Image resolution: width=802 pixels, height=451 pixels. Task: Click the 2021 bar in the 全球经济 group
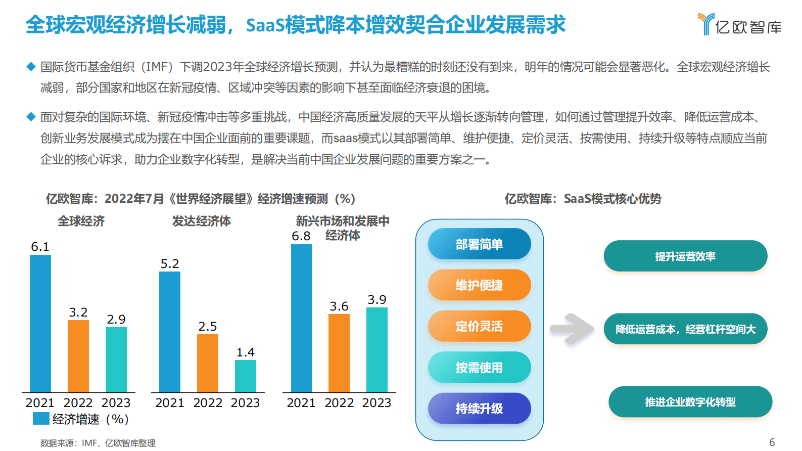pos(40,324)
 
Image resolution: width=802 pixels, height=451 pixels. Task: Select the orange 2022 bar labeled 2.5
pos(208,363)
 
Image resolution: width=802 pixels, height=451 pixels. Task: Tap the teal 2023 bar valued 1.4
pos(246,376)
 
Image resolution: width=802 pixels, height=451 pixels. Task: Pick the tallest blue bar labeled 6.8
pos(301,319)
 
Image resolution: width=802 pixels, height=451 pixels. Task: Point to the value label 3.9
pos(377,300)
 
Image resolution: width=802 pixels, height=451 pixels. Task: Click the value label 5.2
pos(170,264)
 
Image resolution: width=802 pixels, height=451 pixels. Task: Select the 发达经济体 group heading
pos(201,221)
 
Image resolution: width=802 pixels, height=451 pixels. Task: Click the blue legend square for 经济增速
pos(41,419)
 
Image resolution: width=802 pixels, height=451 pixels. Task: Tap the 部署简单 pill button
pos(479,244)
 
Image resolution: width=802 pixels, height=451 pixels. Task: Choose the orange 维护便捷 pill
pos(479,285)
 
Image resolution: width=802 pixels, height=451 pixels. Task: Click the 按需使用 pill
pos(479,368)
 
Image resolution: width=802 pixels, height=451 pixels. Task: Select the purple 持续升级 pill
pos(479,409)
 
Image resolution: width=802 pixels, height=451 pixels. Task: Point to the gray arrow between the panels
pos(572,329)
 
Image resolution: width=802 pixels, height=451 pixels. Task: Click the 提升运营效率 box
pos(685,256)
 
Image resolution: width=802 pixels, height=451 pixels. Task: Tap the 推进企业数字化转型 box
pos(690,402)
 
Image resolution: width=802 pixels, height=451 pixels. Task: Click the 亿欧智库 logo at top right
pos(740,25)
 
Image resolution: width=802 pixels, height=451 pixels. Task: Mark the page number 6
pos(772,442)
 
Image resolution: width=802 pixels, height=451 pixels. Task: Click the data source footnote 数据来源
pos(98,443)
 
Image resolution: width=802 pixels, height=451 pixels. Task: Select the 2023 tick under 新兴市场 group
pos(377,403)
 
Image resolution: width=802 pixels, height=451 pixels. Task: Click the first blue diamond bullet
pos(31,67)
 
